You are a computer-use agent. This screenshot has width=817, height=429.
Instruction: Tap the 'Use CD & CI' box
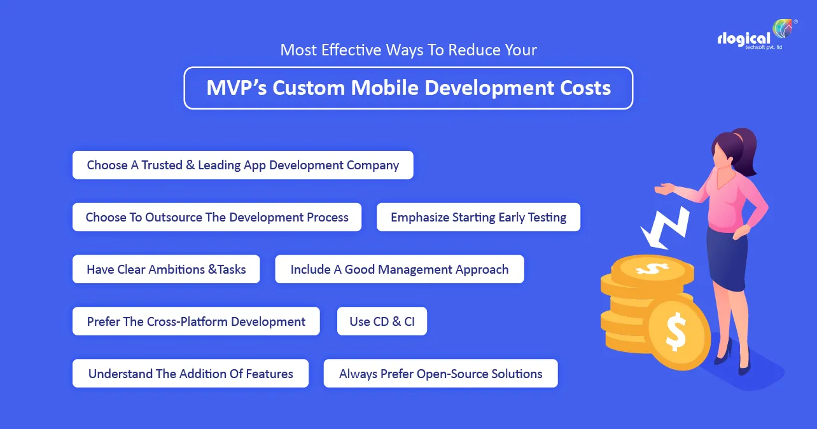(382, 321)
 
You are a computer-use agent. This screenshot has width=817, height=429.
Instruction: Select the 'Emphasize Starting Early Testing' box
(478, 217)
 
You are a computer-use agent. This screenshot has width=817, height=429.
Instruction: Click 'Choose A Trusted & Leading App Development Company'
(243, 165)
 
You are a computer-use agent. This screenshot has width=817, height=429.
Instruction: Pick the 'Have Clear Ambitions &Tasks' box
(166, 269)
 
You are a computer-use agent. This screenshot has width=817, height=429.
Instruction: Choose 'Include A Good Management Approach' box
(400, 269)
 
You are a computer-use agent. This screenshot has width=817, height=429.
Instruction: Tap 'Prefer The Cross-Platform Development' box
(197, 321)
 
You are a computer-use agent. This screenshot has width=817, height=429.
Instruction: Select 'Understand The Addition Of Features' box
(191, 374)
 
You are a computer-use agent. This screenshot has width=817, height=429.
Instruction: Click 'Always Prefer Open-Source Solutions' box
(441, 374)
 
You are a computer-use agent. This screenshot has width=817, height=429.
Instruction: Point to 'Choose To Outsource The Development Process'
(217, 217)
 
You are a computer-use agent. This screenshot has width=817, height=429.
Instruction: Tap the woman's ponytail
(744, 143)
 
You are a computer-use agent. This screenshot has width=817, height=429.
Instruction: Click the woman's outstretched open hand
(664, 188)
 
